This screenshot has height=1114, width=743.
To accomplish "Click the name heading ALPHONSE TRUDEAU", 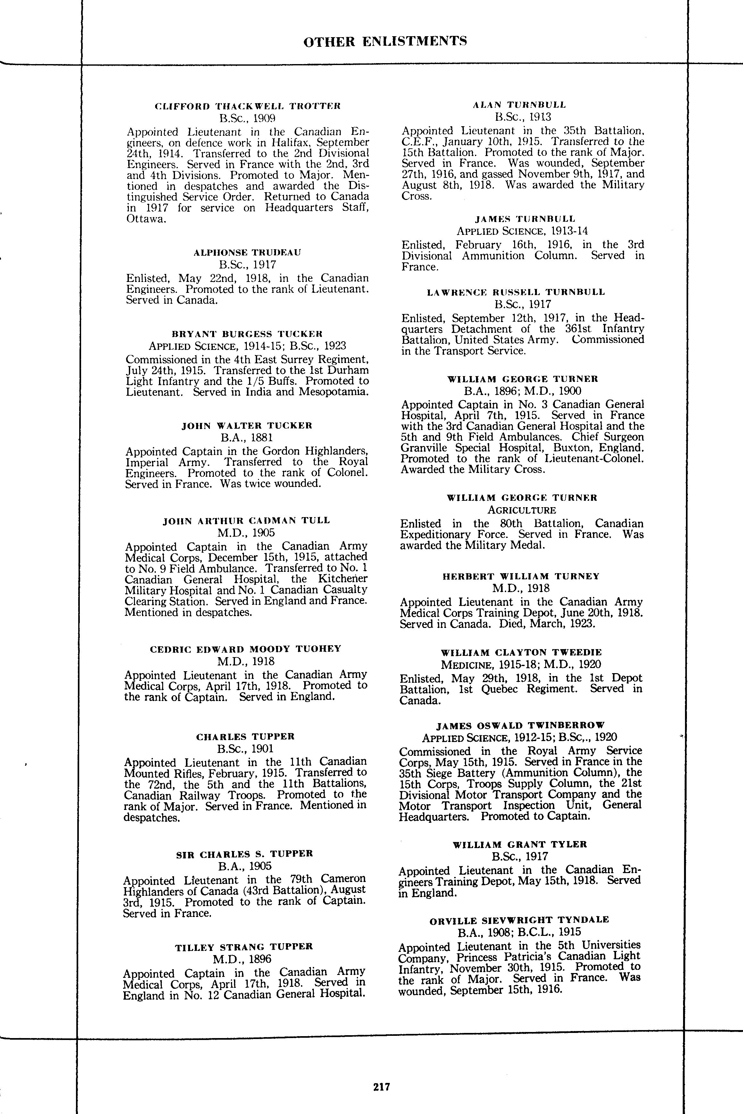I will coord(247,252).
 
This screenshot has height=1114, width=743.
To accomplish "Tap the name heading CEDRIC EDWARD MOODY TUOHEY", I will coord(246,649).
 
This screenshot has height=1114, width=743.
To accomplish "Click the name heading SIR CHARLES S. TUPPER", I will coord(245,854).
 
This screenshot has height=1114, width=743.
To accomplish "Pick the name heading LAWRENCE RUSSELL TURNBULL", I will coord(516,292).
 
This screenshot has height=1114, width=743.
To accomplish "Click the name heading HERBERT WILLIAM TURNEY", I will coord(521,576).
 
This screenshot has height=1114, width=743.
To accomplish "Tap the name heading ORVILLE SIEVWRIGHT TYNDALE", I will coord(519,920).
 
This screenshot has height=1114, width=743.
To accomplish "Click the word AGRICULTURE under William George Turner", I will coord(522,510).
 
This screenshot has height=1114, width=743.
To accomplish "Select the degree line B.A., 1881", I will coord(247,438).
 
